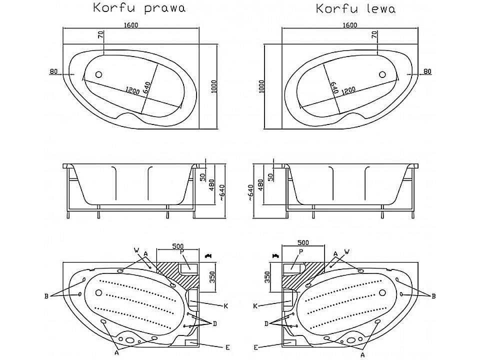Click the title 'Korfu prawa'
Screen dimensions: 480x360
[139, 7]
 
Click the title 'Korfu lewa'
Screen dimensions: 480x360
[355, 8]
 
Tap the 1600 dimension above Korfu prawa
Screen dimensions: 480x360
[130, 25]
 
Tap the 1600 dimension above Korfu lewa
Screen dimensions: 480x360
[349, 25]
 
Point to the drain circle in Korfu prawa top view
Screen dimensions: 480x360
[98, 74]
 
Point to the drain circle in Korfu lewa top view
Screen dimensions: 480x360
[382, 74]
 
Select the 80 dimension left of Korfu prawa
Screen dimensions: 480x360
[53, 71]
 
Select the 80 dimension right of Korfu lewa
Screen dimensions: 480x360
[427, 71]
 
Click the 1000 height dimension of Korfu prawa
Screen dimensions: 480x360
[213, 86]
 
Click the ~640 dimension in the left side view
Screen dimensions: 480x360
[222, 192]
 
